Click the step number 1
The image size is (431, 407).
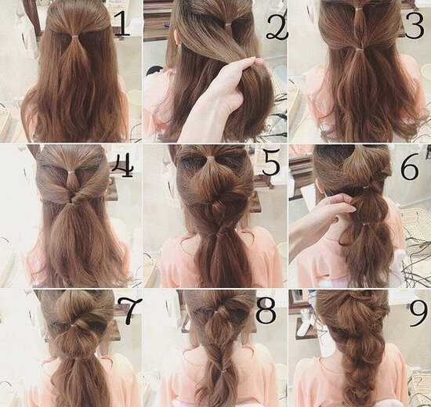click(121, 24)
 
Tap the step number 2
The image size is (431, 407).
click(277, 26)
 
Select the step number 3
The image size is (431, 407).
click(415, 25)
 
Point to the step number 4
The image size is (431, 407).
click(122, 165)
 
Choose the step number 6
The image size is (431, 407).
click(410, 167)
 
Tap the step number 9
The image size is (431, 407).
click(418, 312)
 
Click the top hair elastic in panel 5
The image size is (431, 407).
click(210, 158)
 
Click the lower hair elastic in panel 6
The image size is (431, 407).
click(365, 225)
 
